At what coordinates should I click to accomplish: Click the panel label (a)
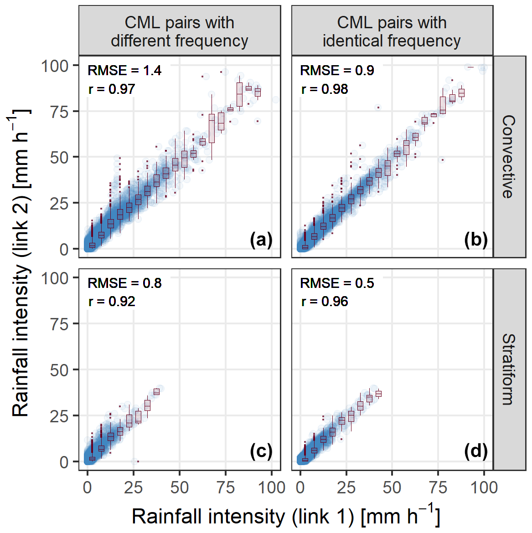pyautogui.click(x=261, y=240)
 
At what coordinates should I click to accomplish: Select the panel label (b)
pyautogui.click(x=475, y=240)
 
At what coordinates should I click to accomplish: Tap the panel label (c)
pyautogui.click(x=261, y=451)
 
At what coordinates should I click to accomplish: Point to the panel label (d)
pyautogui.click(x=475, y=451)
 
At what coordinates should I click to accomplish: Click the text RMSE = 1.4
pyautogui.click(x=124, y=71)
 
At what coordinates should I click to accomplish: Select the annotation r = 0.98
pyautogui.click(x=325, y=89)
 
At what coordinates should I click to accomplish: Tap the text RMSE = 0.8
pyautogui.click(x=124, y=283)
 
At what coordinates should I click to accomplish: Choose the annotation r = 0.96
pyautogui.click(x=325, y=301)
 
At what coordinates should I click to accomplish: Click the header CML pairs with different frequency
pyautogui.click(x=179, y=31)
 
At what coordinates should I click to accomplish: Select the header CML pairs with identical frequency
pyautogui.click(x=392, y=31)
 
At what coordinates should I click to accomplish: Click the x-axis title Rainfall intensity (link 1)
pyautogui.click(x=286, y=516)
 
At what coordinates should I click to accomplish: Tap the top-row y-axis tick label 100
pyautogui.click(x=54, y=66)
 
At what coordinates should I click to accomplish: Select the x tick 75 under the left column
pyautogui.click(x=226, y=487)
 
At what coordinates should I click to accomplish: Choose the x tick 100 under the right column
pyautogui.click(x=484, y=487)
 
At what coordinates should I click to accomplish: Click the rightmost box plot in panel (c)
pyautogui.click(x=156, y=392)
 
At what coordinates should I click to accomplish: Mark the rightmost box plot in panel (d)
pyautogui.click(x=378, y=394)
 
